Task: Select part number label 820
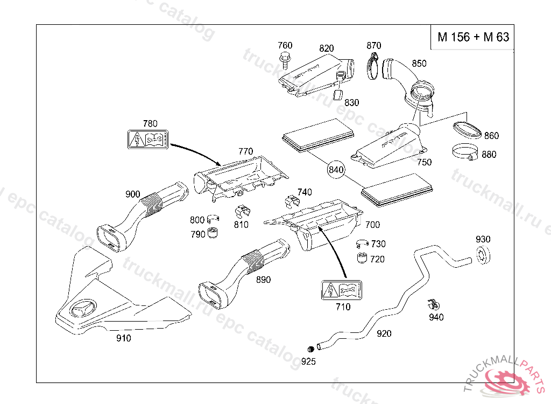(326, 48)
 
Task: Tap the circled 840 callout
(336, 170)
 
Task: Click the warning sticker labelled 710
(342, 291)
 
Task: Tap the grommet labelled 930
(483, 255)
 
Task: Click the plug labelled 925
(310, 348)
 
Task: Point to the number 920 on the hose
(384, 334)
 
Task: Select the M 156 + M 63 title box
(473, 37)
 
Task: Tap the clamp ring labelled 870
(373, 67)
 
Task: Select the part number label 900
(132, 194)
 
